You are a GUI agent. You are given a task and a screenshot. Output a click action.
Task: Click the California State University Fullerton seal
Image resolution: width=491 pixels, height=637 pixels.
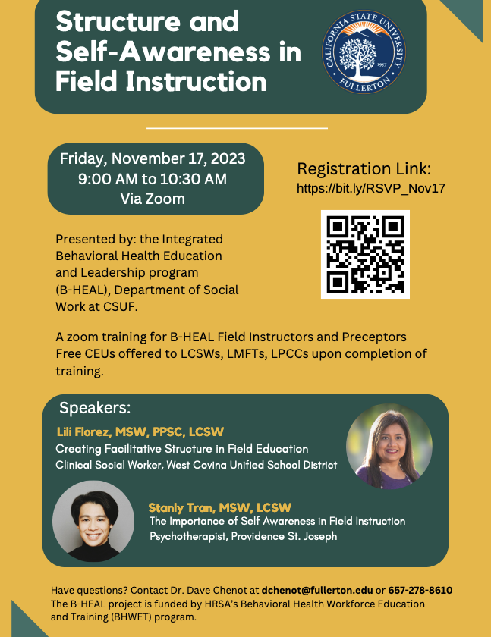pos(364,52)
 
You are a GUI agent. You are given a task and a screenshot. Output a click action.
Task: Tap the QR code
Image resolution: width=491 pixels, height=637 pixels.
pos(365,254)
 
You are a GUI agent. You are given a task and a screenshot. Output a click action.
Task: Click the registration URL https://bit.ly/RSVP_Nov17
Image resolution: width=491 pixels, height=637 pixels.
pos(370,189)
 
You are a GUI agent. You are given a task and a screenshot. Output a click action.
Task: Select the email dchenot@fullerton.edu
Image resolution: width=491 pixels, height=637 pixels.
pos(317,590)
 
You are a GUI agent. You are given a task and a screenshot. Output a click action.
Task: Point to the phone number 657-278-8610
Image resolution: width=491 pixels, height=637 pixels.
pos(420,590)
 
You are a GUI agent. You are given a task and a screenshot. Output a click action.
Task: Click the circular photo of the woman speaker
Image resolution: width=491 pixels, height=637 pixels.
pos(389,446)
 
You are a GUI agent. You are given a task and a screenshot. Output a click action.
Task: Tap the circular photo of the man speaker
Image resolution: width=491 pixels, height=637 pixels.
pos(93,521)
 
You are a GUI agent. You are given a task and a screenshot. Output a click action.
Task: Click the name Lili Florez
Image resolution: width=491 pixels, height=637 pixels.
pos(83,431)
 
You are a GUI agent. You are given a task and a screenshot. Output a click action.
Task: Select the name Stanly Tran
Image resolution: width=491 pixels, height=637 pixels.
pos(181,507)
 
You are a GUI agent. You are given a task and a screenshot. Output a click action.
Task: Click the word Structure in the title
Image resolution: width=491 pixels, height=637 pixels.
pos(118,21)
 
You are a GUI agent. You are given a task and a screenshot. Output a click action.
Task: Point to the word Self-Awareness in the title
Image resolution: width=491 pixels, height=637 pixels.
pos(163,52)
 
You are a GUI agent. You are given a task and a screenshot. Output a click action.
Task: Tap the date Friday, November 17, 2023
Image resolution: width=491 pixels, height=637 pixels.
pos(153,158)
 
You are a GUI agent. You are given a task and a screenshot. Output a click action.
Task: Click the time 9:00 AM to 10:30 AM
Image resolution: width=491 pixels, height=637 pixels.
pos(153,179)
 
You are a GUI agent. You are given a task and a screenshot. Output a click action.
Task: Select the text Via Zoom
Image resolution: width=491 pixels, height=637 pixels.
pos(153,199)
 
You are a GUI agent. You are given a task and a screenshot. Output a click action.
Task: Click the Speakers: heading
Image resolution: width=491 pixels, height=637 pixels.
pos(95,407)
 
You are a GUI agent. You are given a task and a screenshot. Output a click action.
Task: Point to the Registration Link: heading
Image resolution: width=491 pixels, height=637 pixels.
pos(364,168)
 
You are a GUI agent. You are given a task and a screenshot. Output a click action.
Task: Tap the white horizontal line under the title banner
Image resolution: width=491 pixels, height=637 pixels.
pos(237,128)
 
